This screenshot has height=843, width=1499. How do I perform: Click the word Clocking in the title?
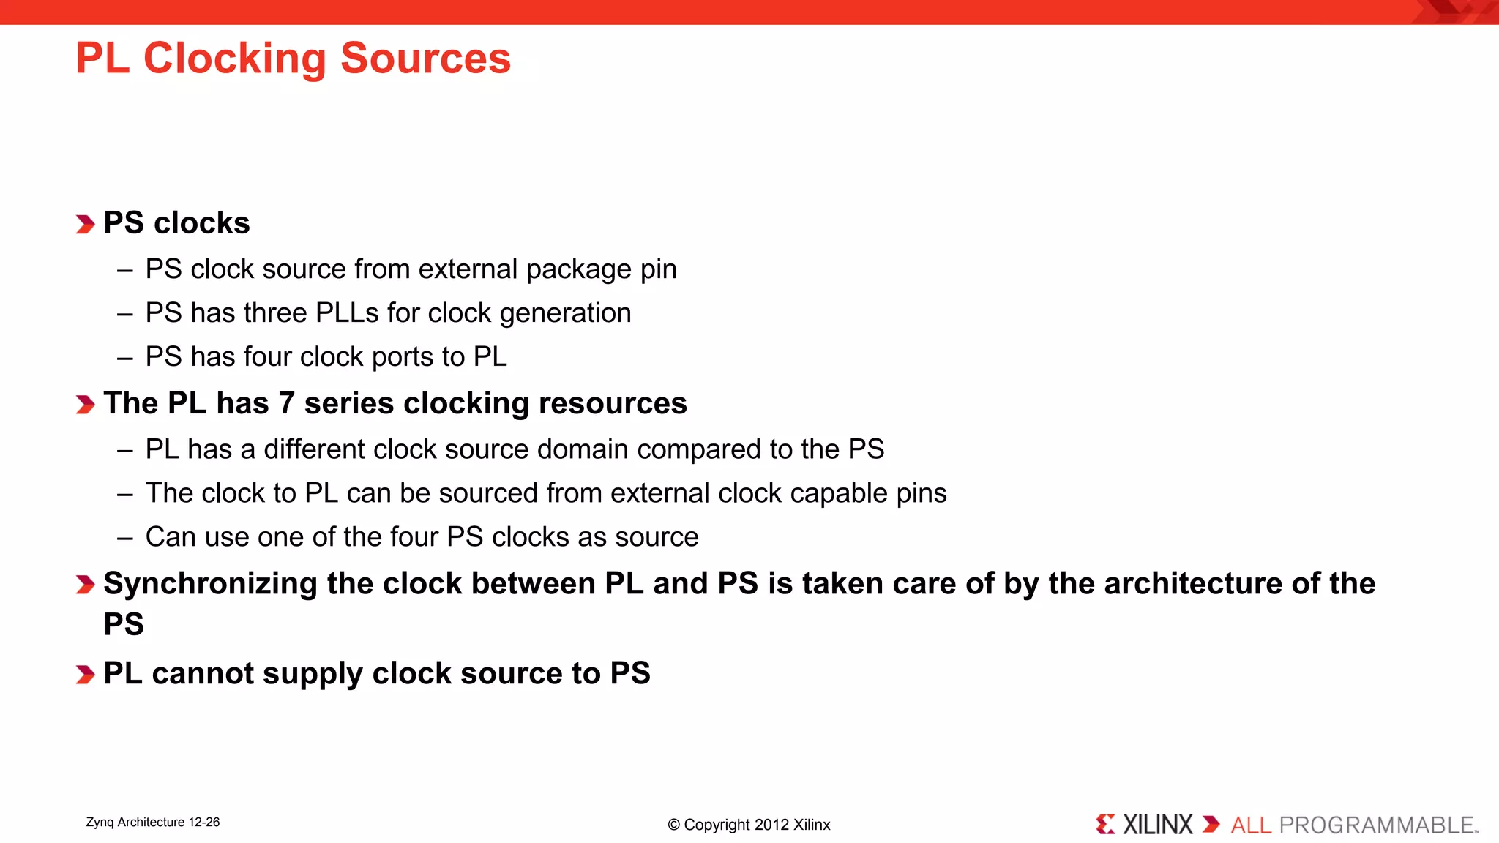[x=234, y=59]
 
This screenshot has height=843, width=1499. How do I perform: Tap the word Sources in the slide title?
[x=425, y=59]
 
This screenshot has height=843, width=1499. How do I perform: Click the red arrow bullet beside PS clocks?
[x=85, y=224]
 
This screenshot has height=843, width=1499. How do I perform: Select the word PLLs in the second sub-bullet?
[x=347, y=313]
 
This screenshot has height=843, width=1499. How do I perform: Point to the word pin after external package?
[x=658, y=269]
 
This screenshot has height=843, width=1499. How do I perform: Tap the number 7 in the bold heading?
[x=286, y=404]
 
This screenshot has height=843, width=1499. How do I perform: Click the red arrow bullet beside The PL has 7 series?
[x=85, y=405]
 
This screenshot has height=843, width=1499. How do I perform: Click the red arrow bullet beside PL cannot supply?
[x=85, y=675]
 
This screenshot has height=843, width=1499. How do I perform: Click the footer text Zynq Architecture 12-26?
[x=152, y=823]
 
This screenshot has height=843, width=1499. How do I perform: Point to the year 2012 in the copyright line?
[x=771, y=825]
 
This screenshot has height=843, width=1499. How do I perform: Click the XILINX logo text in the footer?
[x=1157, y=825]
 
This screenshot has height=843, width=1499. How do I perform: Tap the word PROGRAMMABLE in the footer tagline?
[x=1376, y=825]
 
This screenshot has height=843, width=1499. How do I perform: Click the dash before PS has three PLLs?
[x=124, y=314]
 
